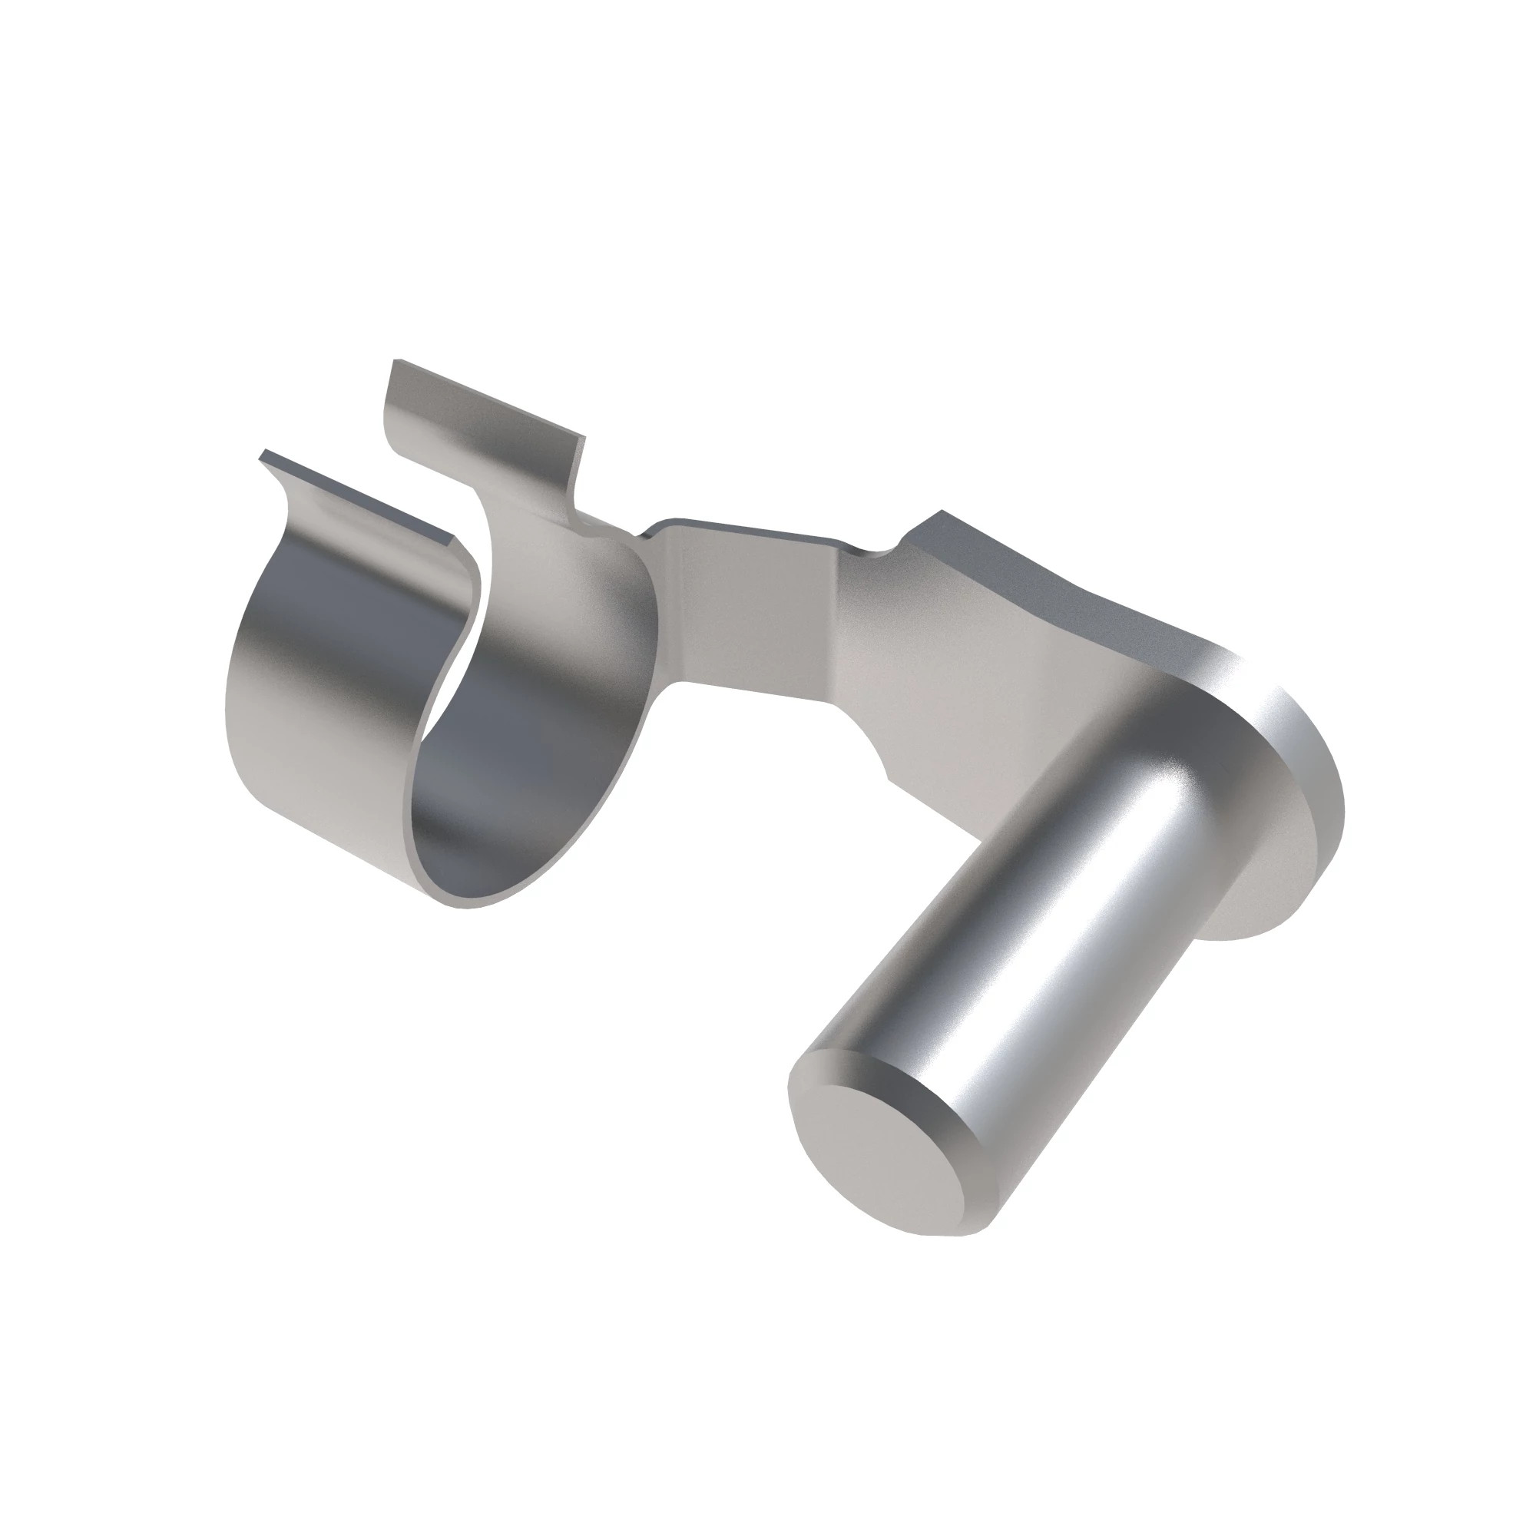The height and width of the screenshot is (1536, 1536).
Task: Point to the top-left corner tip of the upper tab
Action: coord(395,362)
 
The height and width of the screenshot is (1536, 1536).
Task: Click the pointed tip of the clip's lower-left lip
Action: coord(263,455)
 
